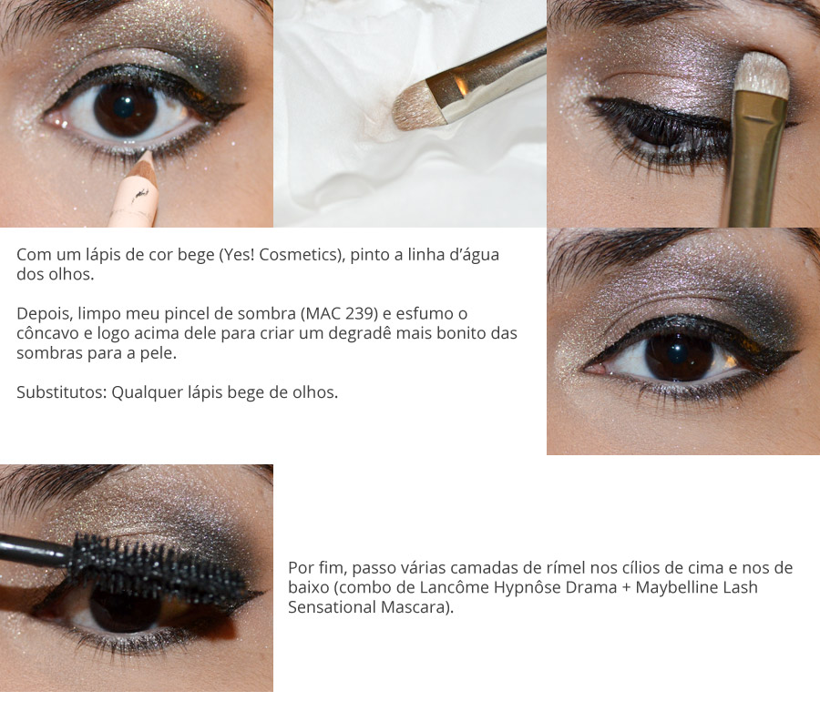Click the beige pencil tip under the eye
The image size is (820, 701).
coord(143,161)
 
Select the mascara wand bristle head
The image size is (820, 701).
coord(155,562)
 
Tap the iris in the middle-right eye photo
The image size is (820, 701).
coord(679,356)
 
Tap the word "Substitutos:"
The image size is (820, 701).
coord(61,392)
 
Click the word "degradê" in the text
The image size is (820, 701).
coord(371,333)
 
